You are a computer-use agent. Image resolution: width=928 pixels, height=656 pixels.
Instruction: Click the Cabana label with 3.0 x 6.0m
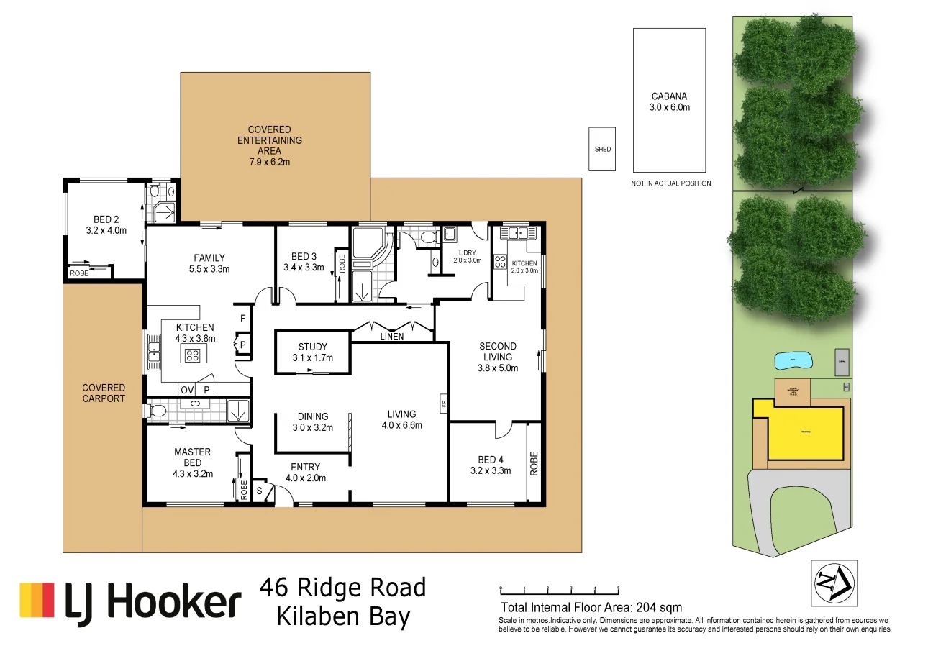(670, 102)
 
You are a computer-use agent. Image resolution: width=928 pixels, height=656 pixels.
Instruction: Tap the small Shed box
(602, 149)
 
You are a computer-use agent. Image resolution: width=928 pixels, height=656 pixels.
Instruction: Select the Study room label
(312, 352)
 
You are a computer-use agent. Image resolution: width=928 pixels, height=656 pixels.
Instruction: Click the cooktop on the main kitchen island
(193, 354)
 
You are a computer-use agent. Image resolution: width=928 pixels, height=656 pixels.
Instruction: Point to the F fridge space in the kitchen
(242, 317)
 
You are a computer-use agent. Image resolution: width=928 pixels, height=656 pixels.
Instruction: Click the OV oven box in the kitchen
(187, 390)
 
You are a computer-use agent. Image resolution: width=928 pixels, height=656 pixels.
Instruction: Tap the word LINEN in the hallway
(392, 336)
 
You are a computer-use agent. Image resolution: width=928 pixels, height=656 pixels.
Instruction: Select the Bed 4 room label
(487, 465)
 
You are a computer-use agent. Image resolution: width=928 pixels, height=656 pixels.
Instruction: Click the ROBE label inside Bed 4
(533, 463)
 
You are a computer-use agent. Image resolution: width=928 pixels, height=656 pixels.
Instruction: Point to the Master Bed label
(192, 457)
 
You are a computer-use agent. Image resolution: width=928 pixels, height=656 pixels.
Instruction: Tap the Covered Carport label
(104, 393)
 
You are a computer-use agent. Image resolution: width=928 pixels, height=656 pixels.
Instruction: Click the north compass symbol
(834, 582)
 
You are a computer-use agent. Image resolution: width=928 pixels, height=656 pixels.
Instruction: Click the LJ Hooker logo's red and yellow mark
(37, 600)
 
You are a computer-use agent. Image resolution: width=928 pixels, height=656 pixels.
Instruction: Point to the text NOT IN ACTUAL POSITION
(670, 183)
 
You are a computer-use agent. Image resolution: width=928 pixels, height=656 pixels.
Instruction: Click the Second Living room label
(497, 357)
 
